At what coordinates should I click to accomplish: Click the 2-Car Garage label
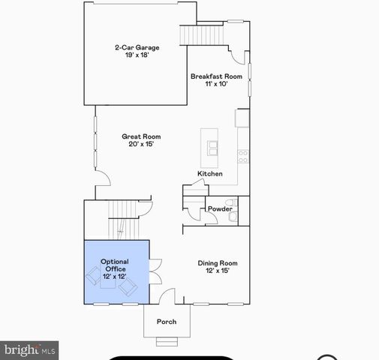[x=137, y=48]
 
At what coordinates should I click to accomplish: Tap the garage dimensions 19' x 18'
[x=137, y=55]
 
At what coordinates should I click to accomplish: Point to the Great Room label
[x=141, y=136]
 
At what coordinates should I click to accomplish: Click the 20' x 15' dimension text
[x=141, y=144]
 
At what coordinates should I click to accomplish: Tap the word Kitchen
[x=210, y=174]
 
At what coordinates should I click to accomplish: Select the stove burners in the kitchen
[x=243, y=156]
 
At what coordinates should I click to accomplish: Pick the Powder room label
[x=219, y=209]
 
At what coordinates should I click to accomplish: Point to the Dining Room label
[x=218, y=262]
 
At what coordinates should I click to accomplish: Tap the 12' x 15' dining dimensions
[x=218, y=271]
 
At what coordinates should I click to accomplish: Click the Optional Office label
[x=114, y=265]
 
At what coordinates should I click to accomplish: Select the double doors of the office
[x=155, y=271]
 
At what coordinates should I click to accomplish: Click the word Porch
[x=167, y=322]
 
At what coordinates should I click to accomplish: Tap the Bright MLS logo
[x=30, y=349]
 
